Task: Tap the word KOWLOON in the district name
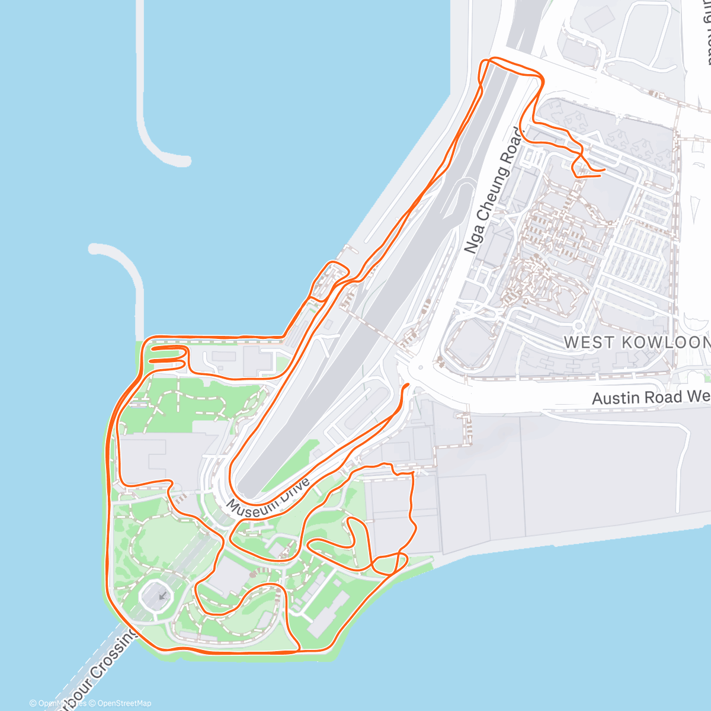click(667, 342)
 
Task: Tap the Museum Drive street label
click(268, 498)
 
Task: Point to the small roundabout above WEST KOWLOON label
click(578, 325)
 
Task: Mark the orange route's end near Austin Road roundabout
click(408, 385)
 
